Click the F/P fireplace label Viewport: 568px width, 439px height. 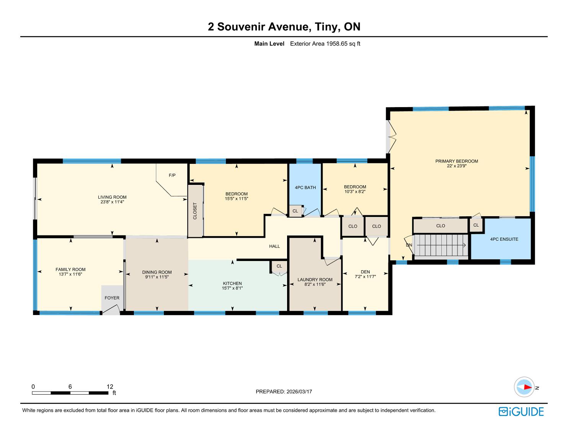[x=172, y=175]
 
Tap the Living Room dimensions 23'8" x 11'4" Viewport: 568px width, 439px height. [x=112, y=202]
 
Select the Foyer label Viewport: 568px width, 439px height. [x=112, y=298]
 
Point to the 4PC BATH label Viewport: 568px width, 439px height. [x=305, y=188]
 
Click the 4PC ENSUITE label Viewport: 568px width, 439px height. [x=504, y=239]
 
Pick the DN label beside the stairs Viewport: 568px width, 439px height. [x=409, y=245]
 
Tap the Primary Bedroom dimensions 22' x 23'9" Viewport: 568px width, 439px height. [x=457, y=166]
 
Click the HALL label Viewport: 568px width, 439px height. [x=274, y=246]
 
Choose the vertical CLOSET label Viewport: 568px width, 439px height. [x=195, y=211]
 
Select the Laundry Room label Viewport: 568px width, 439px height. [x=315, y=280]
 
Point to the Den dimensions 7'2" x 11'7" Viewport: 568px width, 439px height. [x=365, y=277]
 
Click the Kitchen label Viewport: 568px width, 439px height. [x=232, y=284]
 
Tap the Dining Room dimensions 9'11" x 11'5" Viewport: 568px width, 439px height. [x=157, y=277]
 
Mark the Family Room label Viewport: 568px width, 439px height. [x=70, y=269]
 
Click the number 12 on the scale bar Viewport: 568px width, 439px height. [x=110, y=387]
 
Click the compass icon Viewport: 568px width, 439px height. [x=524, y=387]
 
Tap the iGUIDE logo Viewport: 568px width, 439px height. [x=521, y=412]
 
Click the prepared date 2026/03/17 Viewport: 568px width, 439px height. [x=299, y=392]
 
